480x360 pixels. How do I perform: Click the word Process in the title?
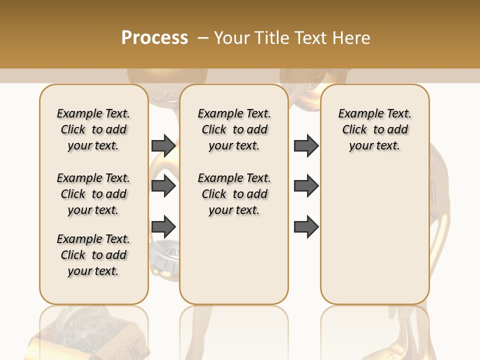[x=154, y=38]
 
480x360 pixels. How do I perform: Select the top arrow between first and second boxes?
[x=163, y=145]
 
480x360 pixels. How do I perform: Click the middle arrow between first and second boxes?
[x=163, y=186]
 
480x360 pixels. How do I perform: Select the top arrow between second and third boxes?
[x=306, y=145]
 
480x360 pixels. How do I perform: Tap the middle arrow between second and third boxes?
[x=306, y=186]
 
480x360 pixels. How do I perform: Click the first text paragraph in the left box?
[x=93, y=129]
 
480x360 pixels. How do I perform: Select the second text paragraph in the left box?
[x=93, y=194]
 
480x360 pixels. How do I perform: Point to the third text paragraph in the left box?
[x=93, y=255]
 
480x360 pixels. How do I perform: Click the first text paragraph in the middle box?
[x=234, y=129]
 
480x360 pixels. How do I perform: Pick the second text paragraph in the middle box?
[x=234, y=194]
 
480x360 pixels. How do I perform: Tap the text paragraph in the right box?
[x=374, y=129]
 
